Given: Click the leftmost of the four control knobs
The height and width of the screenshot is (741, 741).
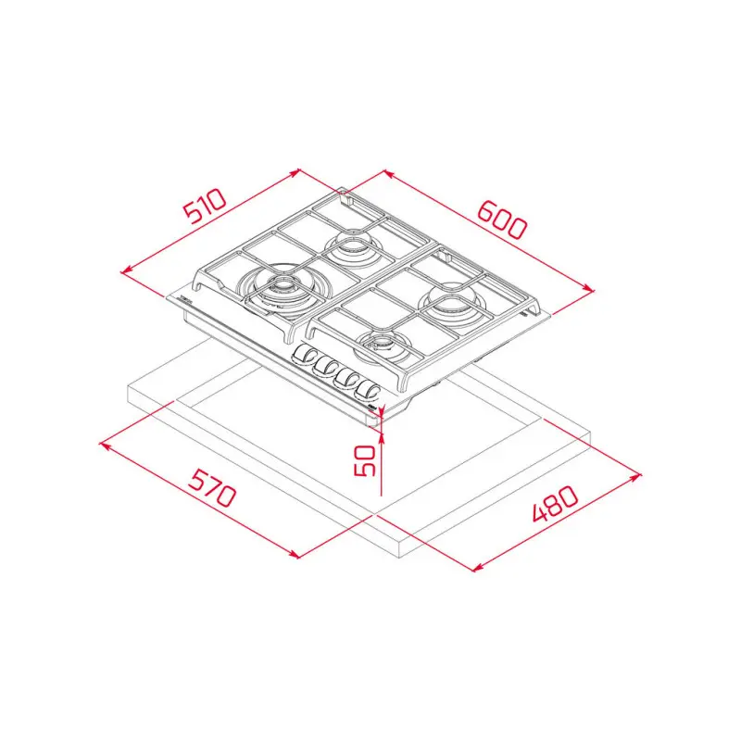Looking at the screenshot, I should point(304,355).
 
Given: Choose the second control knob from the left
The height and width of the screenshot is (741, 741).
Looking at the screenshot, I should point(324,365).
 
